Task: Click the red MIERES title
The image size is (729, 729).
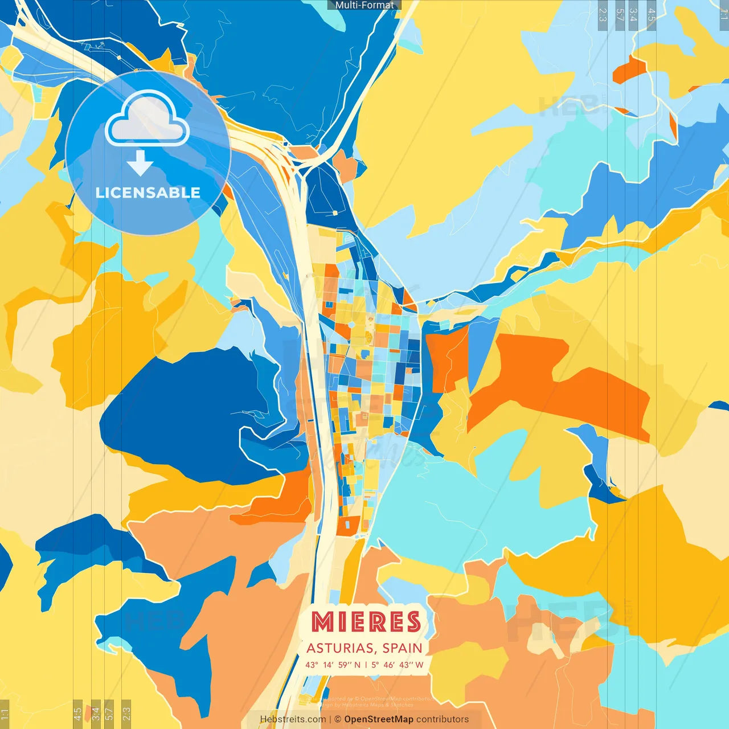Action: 366,622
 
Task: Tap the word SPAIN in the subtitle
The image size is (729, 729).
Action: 403,648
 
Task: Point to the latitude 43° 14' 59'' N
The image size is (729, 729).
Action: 333,665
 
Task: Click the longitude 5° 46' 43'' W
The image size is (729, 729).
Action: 398,665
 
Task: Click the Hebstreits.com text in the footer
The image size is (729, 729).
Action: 293,719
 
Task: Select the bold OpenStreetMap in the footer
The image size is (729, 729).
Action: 379,719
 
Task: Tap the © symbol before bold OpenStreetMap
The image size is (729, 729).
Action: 338,719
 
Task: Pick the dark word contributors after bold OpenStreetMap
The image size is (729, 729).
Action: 443,719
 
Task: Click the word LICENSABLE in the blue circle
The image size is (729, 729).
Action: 148,193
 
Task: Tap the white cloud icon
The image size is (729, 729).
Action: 148,118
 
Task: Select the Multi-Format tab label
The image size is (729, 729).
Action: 364,5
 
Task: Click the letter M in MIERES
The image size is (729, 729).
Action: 322,622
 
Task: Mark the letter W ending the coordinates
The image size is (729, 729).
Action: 419,665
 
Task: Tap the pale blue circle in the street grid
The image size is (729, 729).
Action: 351,325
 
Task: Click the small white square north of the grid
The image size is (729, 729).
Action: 335,212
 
